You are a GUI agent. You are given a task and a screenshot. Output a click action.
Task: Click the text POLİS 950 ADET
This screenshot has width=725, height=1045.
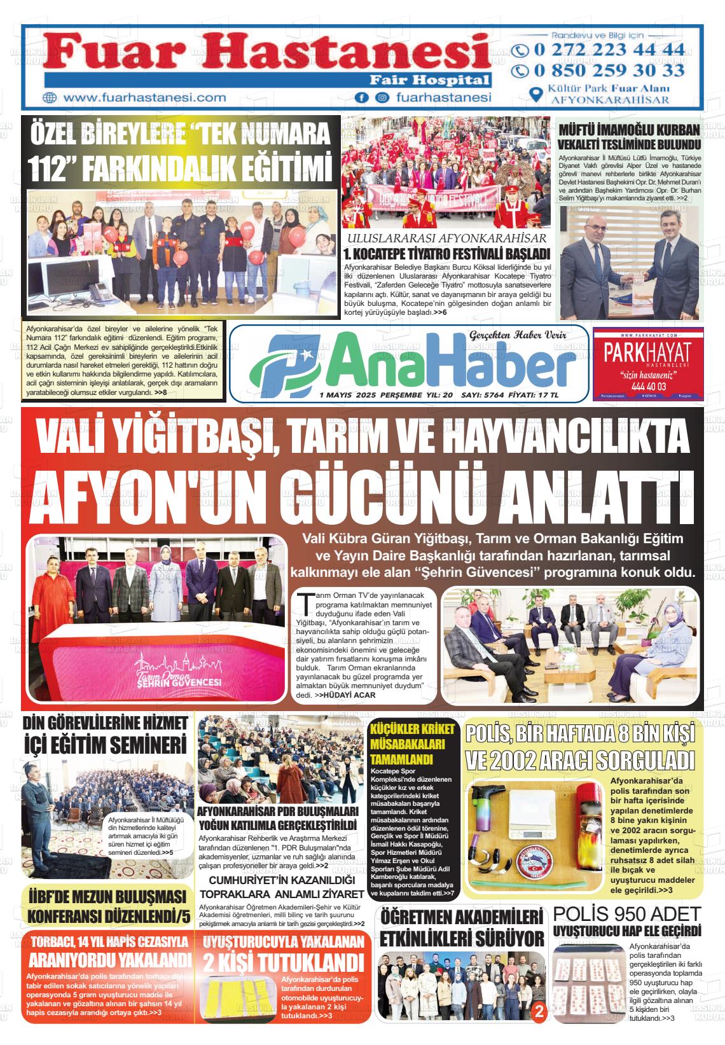coord(626,913)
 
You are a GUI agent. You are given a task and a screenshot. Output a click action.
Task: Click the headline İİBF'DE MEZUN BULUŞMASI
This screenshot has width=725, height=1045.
coord(107,896)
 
